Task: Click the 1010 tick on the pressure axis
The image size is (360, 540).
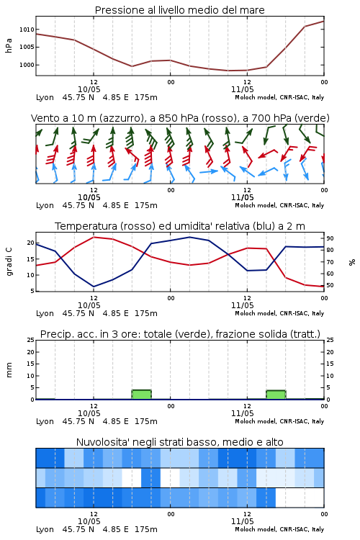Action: [27, 30]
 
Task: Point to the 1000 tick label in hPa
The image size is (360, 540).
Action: [27, 65]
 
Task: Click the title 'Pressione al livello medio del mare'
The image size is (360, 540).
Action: [180, 10]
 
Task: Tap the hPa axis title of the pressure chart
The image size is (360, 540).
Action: [9, 45]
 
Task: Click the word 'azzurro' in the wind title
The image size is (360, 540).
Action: [121, 118]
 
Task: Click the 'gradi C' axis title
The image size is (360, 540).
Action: [9, 261]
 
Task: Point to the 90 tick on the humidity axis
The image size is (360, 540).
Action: [330, 238]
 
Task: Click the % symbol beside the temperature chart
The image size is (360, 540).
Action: [352, 262]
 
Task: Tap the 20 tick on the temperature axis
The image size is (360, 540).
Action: [31, 243]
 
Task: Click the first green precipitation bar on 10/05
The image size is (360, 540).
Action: [142, 395]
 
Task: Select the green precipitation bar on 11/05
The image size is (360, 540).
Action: [276, 395]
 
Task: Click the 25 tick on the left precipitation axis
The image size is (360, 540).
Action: [31, 340]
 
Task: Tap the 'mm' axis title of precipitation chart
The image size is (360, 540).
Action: [9, 369]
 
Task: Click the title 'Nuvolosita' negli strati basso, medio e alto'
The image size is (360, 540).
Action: [180, 442]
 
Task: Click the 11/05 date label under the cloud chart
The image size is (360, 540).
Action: [243, 521]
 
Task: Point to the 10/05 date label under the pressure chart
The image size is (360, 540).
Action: [89, 89]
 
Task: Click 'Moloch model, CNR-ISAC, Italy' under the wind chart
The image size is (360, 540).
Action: [279, 205]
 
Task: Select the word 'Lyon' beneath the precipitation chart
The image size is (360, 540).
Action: [45, 421]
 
